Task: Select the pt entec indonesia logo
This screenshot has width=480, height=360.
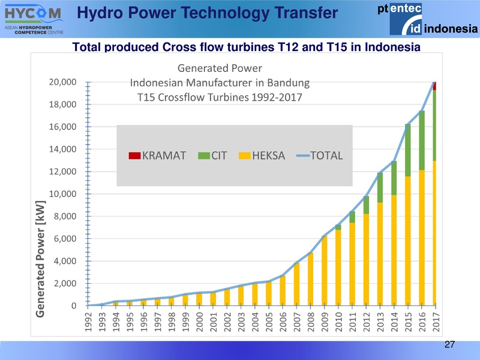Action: point(427,19)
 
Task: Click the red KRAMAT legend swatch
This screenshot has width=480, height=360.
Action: point(134,156)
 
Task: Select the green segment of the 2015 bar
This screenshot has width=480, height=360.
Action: point(408,150)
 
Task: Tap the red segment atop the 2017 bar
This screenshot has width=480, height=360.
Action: point(435,86)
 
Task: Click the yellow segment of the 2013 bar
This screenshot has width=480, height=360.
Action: point(380,252)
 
